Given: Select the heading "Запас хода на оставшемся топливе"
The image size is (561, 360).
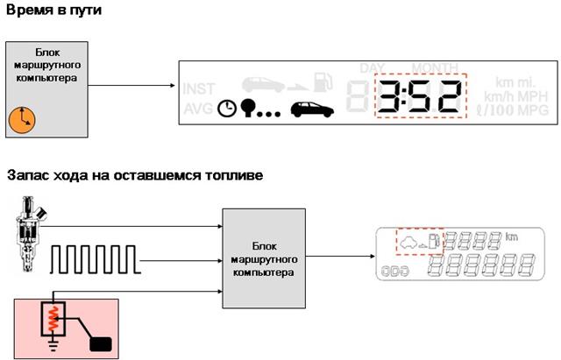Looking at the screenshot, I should tap(135, 176).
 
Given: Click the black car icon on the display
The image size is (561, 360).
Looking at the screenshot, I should tap(311, 109).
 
